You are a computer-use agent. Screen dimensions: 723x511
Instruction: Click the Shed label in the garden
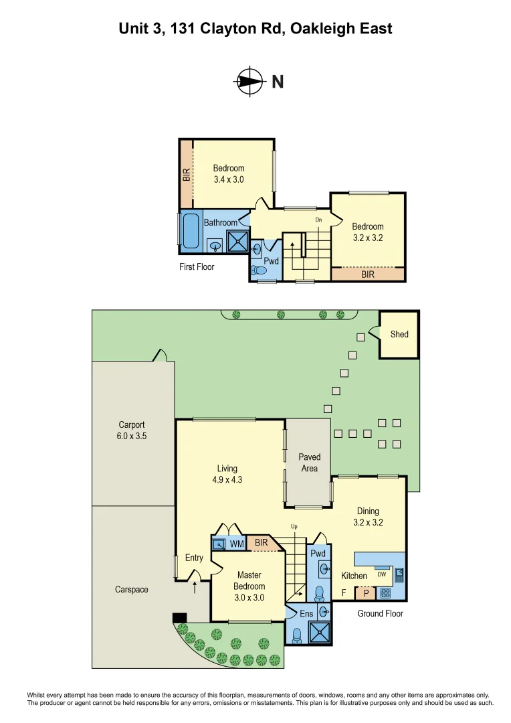(x=399, y=334)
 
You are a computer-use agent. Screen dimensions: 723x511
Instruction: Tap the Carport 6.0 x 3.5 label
(x=132, y=430)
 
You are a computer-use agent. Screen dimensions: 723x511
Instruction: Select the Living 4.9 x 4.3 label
(x=227, y=474)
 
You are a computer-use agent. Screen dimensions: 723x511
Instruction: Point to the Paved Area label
(x=309, y=463)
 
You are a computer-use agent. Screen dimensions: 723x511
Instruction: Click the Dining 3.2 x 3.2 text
(x=368, y=517)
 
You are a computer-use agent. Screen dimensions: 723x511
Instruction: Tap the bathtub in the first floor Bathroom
(x=191, y=232)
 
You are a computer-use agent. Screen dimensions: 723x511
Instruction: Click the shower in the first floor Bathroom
(x=237, y=241)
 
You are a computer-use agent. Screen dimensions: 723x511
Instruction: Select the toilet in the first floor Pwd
(x=259, y=270)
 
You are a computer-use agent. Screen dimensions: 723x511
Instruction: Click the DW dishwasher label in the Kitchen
(x=381, y=574)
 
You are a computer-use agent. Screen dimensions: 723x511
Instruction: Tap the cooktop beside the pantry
(x=386, y=592)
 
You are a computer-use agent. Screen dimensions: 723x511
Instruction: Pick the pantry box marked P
(x=366, y=592)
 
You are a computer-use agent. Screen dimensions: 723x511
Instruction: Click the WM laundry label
(x=236, y=545)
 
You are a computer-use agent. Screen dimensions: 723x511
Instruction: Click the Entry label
(x=194, y=558)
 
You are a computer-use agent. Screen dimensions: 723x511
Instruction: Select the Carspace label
(x=132, y=590)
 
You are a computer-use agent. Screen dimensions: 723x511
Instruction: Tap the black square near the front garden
(x=179, y=617)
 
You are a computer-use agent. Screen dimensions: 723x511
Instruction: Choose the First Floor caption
(x=197, y=266)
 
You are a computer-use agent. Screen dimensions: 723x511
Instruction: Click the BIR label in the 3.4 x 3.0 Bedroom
(x=187, y=174)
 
